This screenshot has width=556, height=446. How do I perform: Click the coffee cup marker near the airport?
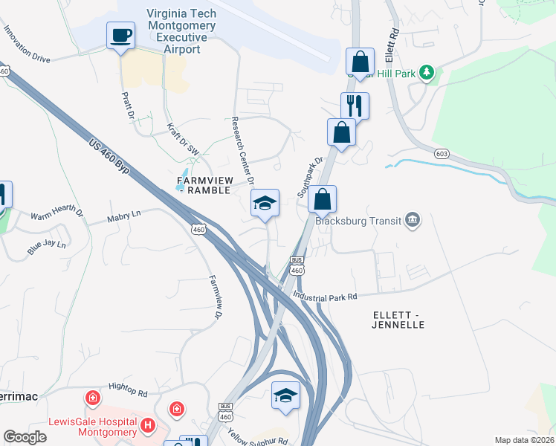120,35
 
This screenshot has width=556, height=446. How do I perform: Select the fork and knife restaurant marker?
355,106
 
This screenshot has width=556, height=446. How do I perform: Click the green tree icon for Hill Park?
427,72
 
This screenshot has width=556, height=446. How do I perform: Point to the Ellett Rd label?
392,46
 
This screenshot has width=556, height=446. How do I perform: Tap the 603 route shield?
442,152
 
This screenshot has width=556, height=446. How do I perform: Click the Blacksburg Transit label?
358,220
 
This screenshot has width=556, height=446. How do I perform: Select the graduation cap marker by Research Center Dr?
265,202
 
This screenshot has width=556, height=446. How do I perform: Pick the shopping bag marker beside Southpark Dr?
322,199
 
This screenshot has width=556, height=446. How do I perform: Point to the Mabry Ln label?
124,217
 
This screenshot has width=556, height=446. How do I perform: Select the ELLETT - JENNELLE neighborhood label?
398,320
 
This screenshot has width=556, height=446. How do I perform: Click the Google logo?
25,437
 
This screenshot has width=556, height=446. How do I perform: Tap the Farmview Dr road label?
216,298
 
